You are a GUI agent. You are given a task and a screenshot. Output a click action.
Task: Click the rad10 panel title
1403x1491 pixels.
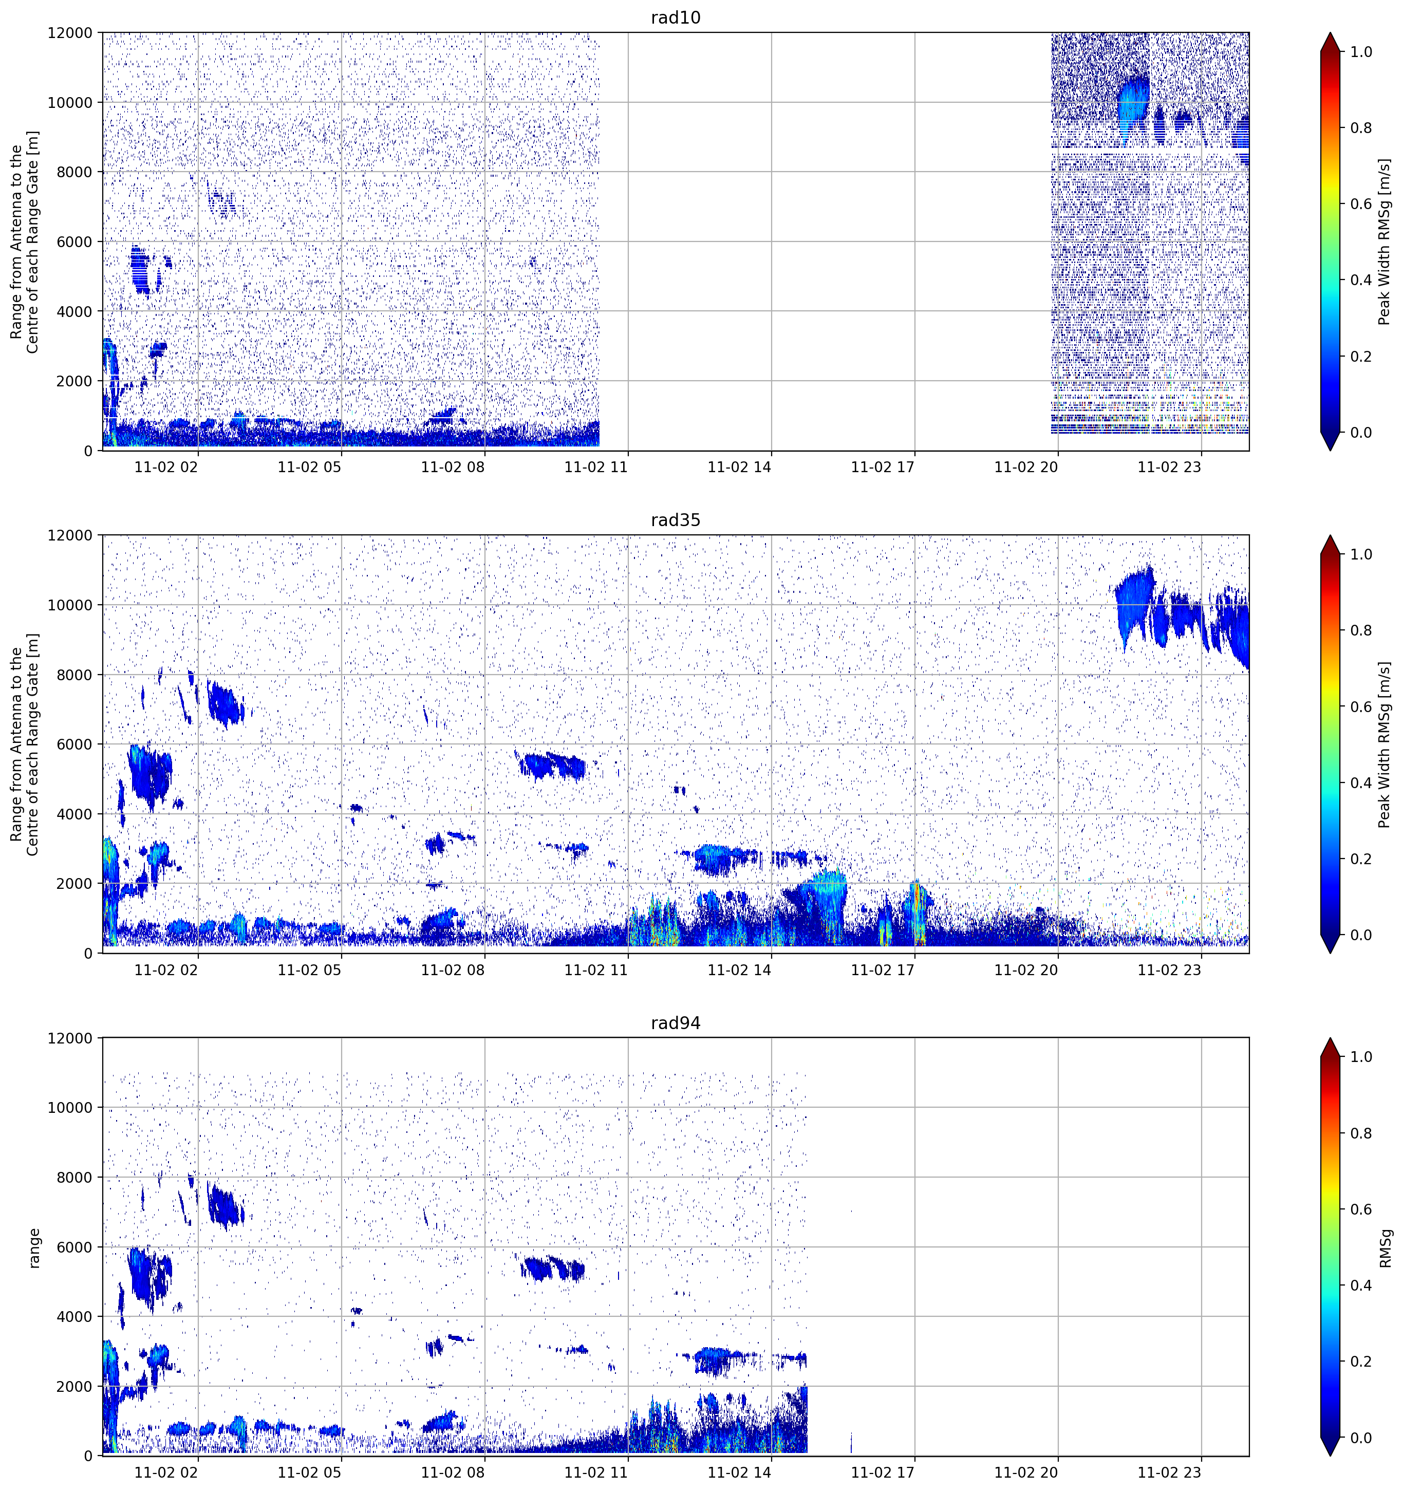[x=675, y=17]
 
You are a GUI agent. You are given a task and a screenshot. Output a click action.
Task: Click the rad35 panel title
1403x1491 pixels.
[x=675, y=520]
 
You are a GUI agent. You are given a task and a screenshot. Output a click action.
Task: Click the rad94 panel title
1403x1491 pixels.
[x=675, y=1023]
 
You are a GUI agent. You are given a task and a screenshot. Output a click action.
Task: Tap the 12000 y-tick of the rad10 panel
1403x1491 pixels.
[x=70, y=33]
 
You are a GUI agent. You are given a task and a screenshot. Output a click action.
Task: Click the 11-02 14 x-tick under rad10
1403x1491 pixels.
[x=739, y=467]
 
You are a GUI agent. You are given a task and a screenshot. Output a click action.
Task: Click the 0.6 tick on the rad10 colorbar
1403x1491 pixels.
[x=1361, y=204]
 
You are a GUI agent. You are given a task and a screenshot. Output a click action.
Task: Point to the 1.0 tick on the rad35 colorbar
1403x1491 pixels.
[x=1361, y=554]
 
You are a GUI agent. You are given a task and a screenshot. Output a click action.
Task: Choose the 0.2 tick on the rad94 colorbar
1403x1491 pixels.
[x=1361, y=1361]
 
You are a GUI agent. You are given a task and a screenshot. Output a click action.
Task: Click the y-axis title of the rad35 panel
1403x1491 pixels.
[x=25, y=744]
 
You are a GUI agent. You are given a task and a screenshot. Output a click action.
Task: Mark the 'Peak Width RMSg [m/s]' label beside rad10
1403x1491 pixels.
[x=1385, y=241]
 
